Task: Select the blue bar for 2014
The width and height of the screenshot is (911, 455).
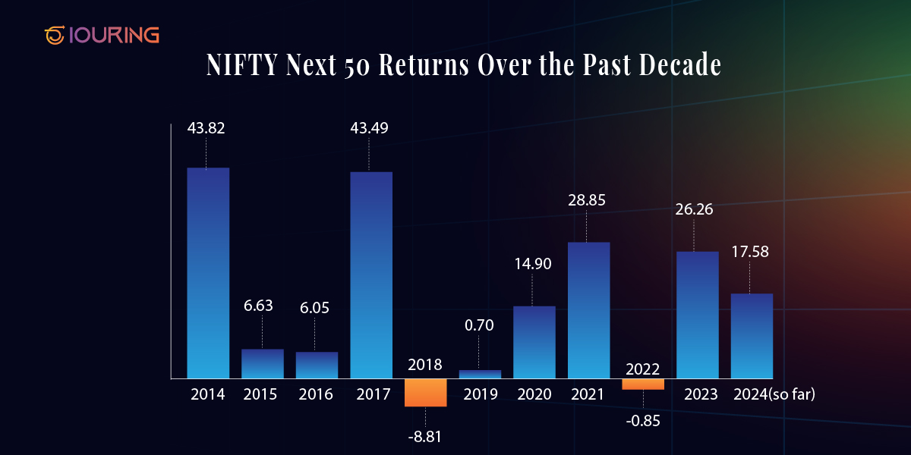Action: pos(208,273)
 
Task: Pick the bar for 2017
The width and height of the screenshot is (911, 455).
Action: pos(370,275)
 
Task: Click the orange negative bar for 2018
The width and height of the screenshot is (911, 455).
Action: pos(425,393)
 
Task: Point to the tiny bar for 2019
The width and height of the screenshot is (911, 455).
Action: pos(480,374)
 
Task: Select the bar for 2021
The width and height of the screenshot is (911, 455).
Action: pos(588,310)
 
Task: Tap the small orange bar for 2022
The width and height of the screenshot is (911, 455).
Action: pos(643,384)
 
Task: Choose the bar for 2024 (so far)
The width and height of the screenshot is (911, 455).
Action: pos(752,336)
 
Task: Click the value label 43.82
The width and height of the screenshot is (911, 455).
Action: pos(206,129)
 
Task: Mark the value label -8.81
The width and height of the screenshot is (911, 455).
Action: pos(424,436)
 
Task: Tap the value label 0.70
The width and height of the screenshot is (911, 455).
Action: pos(479,326)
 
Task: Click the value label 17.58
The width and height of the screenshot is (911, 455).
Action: pos(750,252)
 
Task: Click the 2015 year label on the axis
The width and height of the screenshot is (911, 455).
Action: pos(260,395)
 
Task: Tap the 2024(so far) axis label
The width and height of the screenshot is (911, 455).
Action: pos(774,395)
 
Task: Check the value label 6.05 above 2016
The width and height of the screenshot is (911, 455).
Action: pos(315,309)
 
